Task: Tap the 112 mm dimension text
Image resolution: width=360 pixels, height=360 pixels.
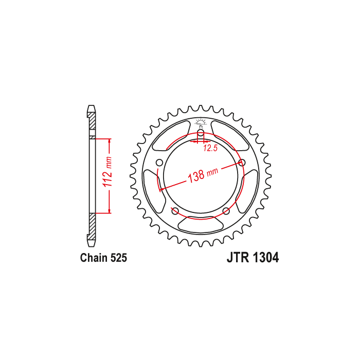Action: click(107, 172)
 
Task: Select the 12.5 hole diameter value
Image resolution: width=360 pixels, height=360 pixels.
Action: click(210, 149)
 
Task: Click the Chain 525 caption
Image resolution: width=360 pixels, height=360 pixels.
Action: click(103, 258)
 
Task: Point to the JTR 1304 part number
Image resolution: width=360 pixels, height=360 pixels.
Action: click(253, 258)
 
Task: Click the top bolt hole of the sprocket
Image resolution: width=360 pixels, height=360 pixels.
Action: click(201, 133)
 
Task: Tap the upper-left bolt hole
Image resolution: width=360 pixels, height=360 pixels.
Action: click(159, 163)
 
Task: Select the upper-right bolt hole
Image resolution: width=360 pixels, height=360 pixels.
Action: click(242, 163)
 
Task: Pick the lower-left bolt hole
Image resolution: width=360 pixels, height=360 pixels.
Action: click(175, 211)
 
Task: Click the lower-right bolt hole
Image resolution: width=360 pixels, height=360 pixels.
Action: click(226, 211)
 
